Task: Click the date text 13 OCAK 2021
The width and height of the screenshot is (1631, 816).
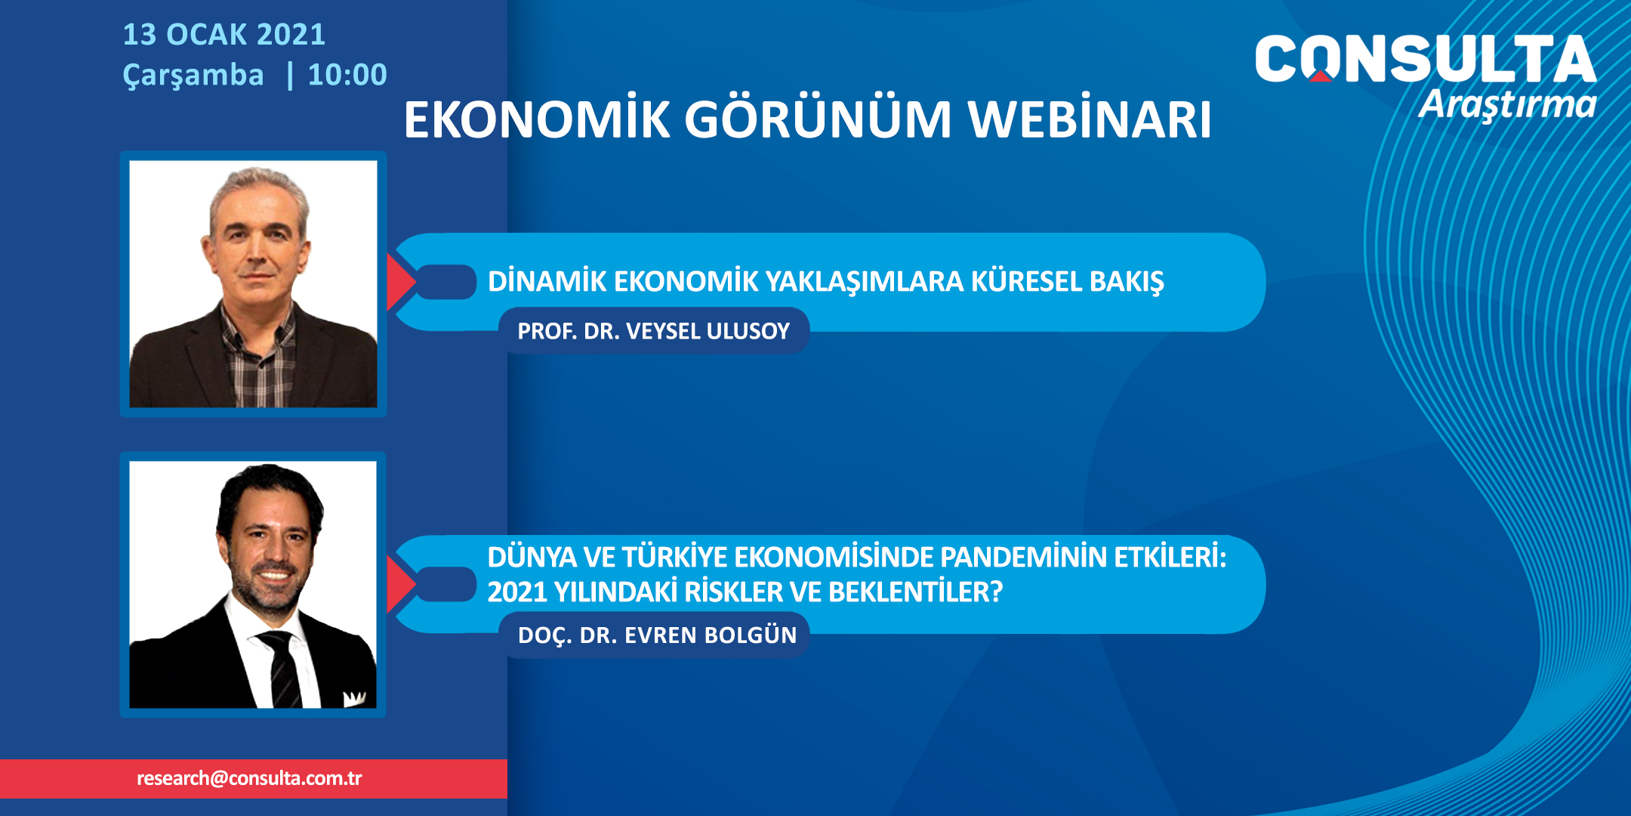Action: [x=224, y=35]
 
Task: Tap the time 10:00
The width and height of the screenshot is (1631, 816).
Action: [x=347, y=75]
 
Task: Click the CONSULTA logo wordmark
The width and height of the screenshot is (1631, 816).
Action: [x=1425, y=58]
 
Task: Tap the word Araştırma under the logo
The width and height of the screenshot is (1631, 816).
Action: [x=1507, y=106]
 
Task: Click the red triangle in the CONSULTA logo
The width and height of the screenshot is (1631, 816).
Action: [x=1321, y=75]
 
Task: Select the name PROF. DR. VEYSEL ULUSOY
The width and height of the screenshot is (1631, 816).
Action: [x=653, y=331]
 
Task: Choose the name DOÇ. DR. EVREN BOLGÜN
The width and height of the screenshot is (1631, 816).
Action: [x=657, y=635]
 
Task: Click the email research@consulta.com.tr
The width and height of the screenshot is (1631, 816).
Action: [x=249, y=778]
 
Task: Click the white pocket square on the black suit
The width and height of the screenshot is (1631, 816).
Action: [x=354, y=697]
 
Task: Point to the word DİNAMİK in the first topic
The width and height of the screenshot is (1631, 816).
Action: [x=547, y=281]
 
